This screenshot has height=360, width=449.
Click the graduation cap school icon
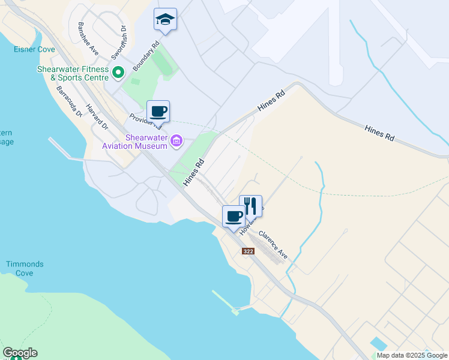[165, 20]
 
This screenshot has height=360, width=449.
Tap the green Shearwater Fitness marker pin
[118, 73]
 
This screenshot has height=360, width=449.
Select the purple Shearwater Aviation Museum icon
[176, 142]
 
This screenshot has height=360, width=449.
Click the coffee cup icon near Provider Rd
[158, 112]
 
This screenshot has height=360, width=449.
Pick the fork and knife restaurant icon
[251, 206]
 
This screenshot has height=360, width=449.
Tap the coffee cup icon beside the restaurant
[234, 215]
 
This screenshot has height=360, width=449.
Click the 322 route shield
[249, 251]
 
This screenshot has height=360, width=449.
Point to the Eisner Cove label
[35, 50]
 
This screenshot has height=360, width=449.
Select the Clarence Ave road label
[273, 245]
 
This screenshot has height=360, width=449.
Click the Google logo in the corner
[20, 353]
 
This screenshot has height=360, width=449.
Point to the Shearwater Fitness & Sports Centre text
[73, 73]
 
